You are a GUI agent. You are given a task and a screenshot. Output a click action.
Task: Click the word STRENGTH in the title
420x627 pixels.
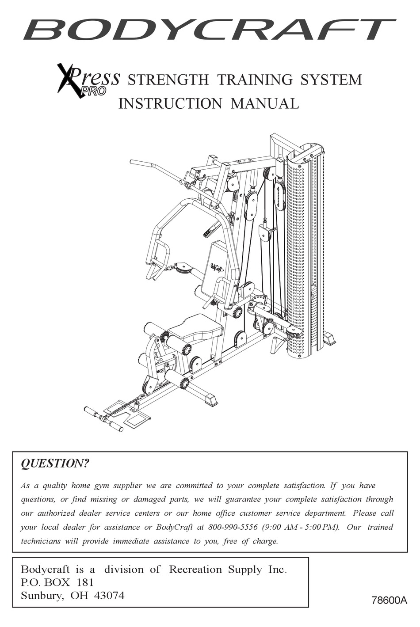click(x=168, y=80)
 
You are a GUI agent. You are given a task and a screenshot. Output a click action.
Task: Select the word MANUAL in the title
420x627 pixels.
click(x=265, y=103)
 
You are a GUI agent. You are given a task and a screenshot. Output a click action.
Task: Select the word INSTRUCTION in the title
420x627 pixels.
click(x=170, y=103)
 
